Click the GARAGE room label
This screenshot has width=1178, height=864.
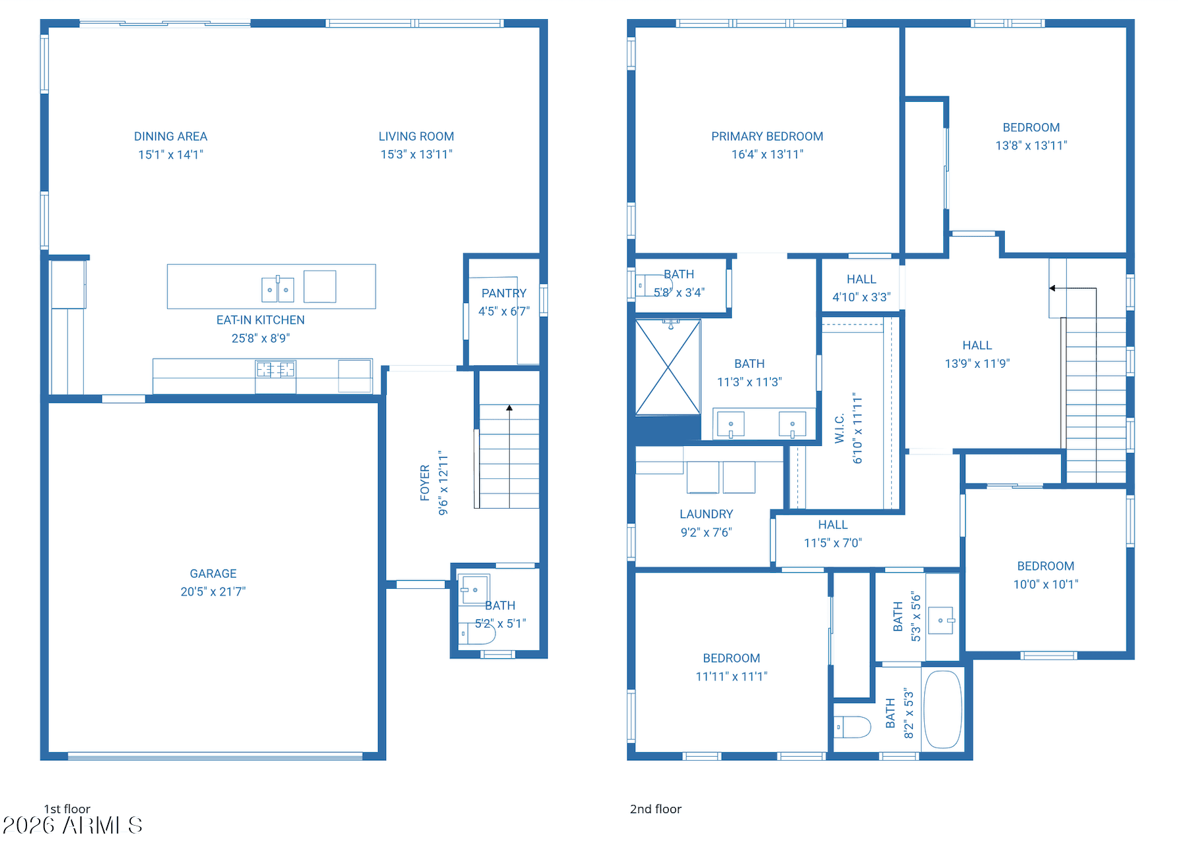click(213, 574)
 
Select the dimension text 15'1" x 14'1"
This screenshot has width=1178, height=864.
click(171, 155)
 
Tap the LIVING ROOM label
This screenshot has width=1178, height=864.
click(416, 136)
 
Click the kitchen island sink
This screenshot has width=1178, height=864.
click(278, 289)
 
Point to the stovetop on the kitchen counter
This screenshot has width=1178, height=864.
click(276, 369)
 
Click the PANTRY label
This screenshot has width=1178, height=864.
click(504, 293)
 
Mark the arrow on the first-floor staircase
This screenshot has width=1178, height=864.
click(509, 408)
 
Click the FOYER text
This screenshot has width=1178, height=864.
click(425, 482)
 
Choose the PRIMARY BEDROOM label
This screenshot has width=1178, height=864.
click(767, 136)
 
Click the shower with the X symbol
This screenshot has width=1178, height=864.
click(668, 367)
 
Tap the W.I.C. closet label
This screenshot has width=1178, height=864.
click(840, 429)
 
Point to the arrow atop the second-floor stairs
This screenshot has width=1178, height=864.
click(1052, 288)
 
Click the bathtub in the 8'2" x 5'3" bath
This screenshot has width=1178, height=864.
click(942, 709)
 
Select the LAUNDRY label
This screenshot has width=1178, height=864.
click(706, 514)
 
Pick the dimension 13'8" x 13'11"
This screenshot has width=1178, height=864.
click(1031, 146)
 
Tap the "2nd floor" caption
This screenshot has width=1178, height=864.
click(655, 809)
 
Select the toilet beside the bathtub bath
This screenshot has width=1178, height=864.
click(853, 726)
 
